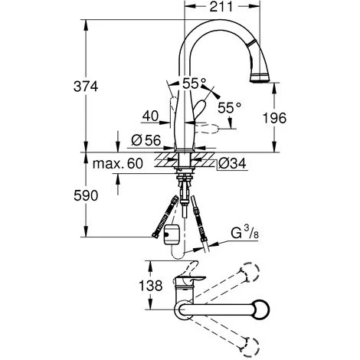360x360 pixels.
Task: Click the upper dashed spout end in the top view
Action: tap(249, 273)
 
